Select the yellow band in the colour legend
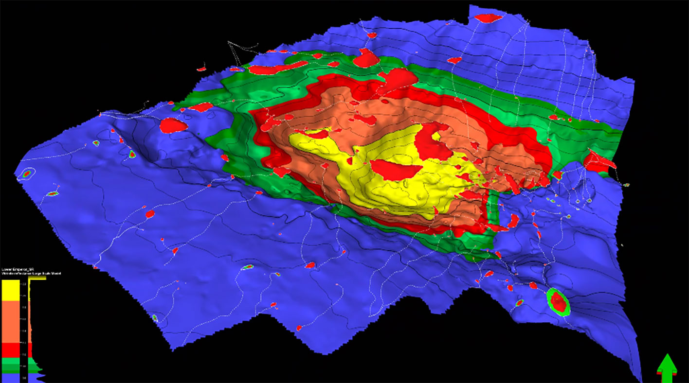point(10,290)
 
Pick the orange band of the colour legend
point(10,321)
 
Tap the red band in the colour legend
point(10,350)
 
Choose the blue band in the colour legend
point(10,377)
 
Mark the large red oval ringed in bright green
point(558,301)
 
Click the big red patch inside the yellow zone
point(396,168)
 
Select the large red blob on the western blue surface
point(173,125)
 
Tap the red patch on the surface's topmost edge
point(488,18)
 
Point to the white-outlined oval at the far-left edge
point(26,174)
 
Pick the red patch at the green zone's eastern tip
point(598,161)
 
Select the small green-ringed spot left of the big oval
point(519,303)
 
